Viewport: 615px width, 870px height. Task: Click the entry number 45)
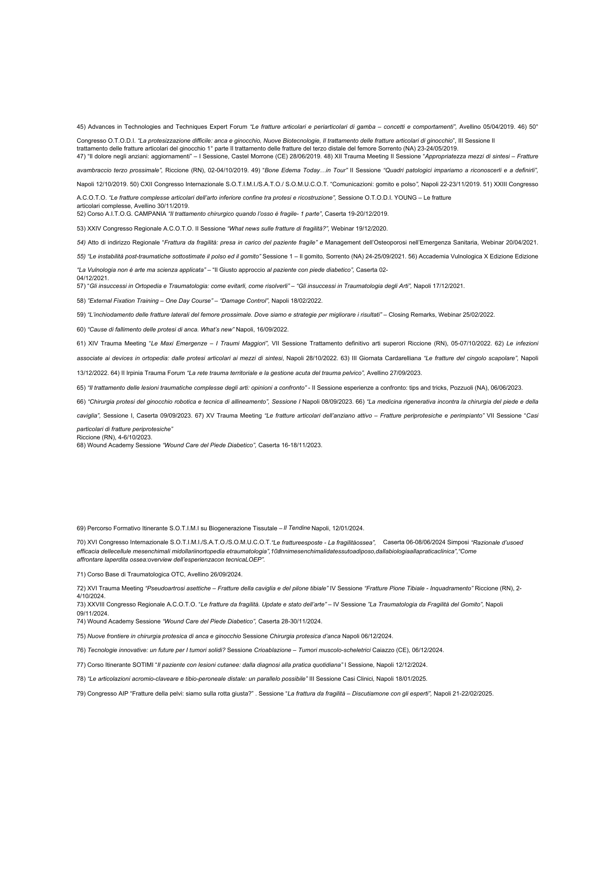[x=81, y=127]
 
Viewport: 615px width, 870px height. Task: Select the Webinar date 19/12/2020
[x=372, y=228]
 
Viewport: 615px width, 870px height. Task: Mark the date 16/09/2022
[x=274, y=329]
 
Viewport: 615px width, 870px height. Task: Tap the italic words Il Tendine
[x=297, y=528]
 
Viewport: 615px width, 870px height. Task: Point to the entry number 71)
[x=81, y=575]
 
